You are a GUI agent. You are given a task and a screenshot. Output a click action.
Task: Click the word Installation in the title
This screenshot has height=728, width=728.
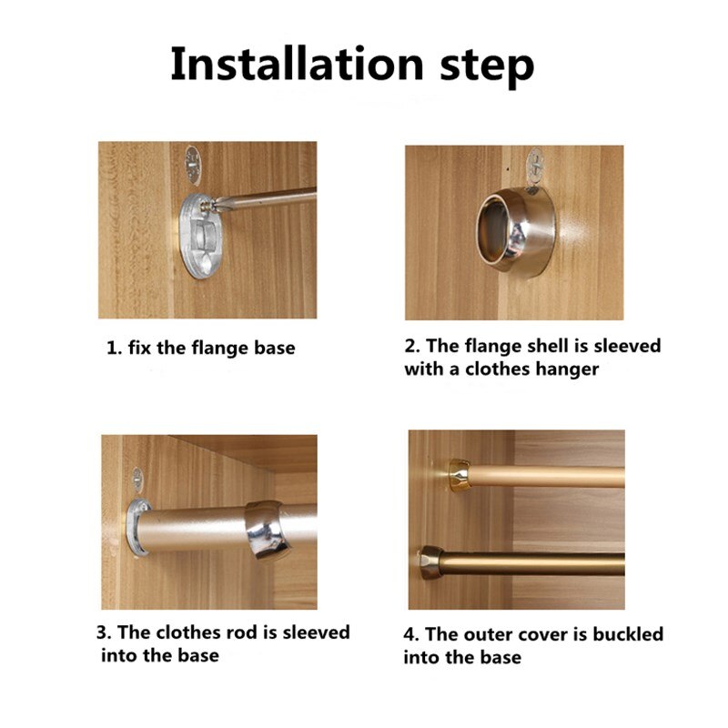297,64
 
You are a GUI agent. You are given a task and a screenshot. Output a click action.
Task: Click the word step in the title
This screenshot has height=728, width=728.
487,67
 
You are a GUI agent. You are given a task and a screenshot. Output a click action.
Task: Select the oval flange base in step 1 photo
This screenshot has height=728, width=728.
200,236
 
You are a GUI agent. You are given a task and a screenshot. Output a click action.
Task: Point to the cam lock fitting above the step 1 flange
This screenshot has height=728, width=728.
193,164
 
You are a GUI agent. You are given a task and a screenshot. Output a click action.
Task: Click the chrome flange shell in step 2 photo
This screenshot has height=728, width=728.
516,229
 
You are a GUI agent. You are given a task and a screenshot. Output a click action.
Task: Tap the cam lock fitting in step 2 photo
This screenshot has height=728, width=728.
536,166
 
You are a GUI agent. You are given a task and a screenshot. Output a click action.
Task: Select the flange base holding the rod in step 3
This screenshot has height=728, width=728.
137,528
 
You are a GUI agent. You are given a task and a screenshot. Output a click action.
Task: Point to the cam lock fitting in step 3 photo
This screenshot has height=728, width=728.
137,479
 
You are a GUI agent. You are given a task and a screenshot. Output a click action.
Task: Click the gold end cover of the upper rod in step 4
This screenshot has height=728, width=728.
460,474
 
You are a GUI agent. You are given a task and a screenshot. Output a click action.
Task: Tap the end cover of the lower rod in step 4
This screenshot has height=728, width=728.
431,562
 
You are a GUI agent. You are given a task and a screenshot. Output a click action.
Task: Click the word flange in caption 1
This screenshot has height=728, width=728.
219,349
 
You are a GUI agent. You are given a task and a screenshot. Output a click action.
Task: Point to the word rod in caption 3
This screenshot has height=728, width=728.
242,632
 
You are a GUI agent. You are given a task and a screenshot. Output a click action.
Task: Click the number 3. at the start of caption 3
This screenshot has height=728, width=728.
104,632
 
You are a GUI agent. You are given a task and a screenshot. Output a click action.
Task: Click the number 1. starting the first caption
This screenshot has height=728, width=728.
115,349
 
